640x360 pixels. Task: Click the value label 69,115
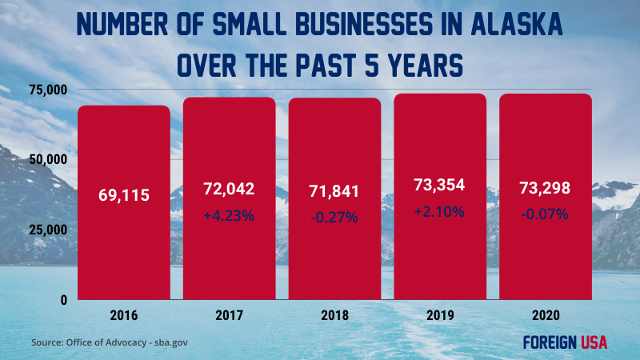(x=123, y=194)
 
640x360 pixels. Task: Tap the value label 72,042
(x=229, y=190)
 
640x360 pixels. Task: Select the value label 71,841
(x=334, y=191)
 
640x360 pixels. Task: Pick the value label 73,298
(x=546, y=190)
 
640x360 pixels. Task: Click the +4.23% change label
(x=229, y=215)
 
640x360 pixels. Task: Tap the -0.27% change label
(x=334, y=217)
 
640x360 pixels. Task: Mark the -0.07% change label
(x=546, y=214)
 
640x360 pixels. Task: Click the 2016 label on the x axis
(x=123, y=315)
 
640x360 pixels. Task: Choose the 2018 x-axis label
(x=334, y=315)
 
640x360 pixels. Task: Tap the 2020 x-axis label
(x=546, y=315)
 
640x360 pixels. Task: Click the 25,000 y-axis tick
(x=46, y=230)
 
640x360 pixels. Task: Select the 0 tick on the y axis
(x=62, y=299)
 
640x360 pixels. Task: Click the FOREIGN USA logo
(x=565, y=342)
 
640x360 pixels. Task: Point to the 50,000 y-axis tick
(x=46, y=159)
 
